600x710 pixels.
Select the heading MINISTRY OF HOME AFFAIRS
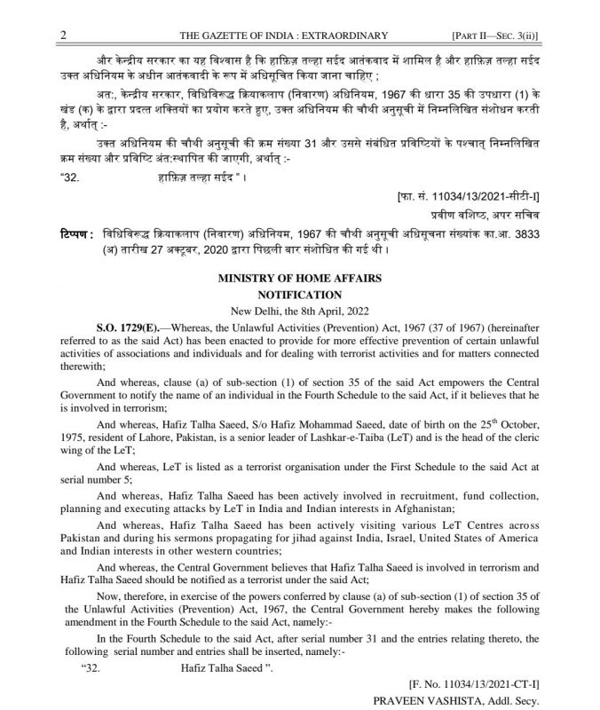tap(299, 279)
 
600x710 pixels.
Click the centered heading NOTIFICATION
tap(299, 294)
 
